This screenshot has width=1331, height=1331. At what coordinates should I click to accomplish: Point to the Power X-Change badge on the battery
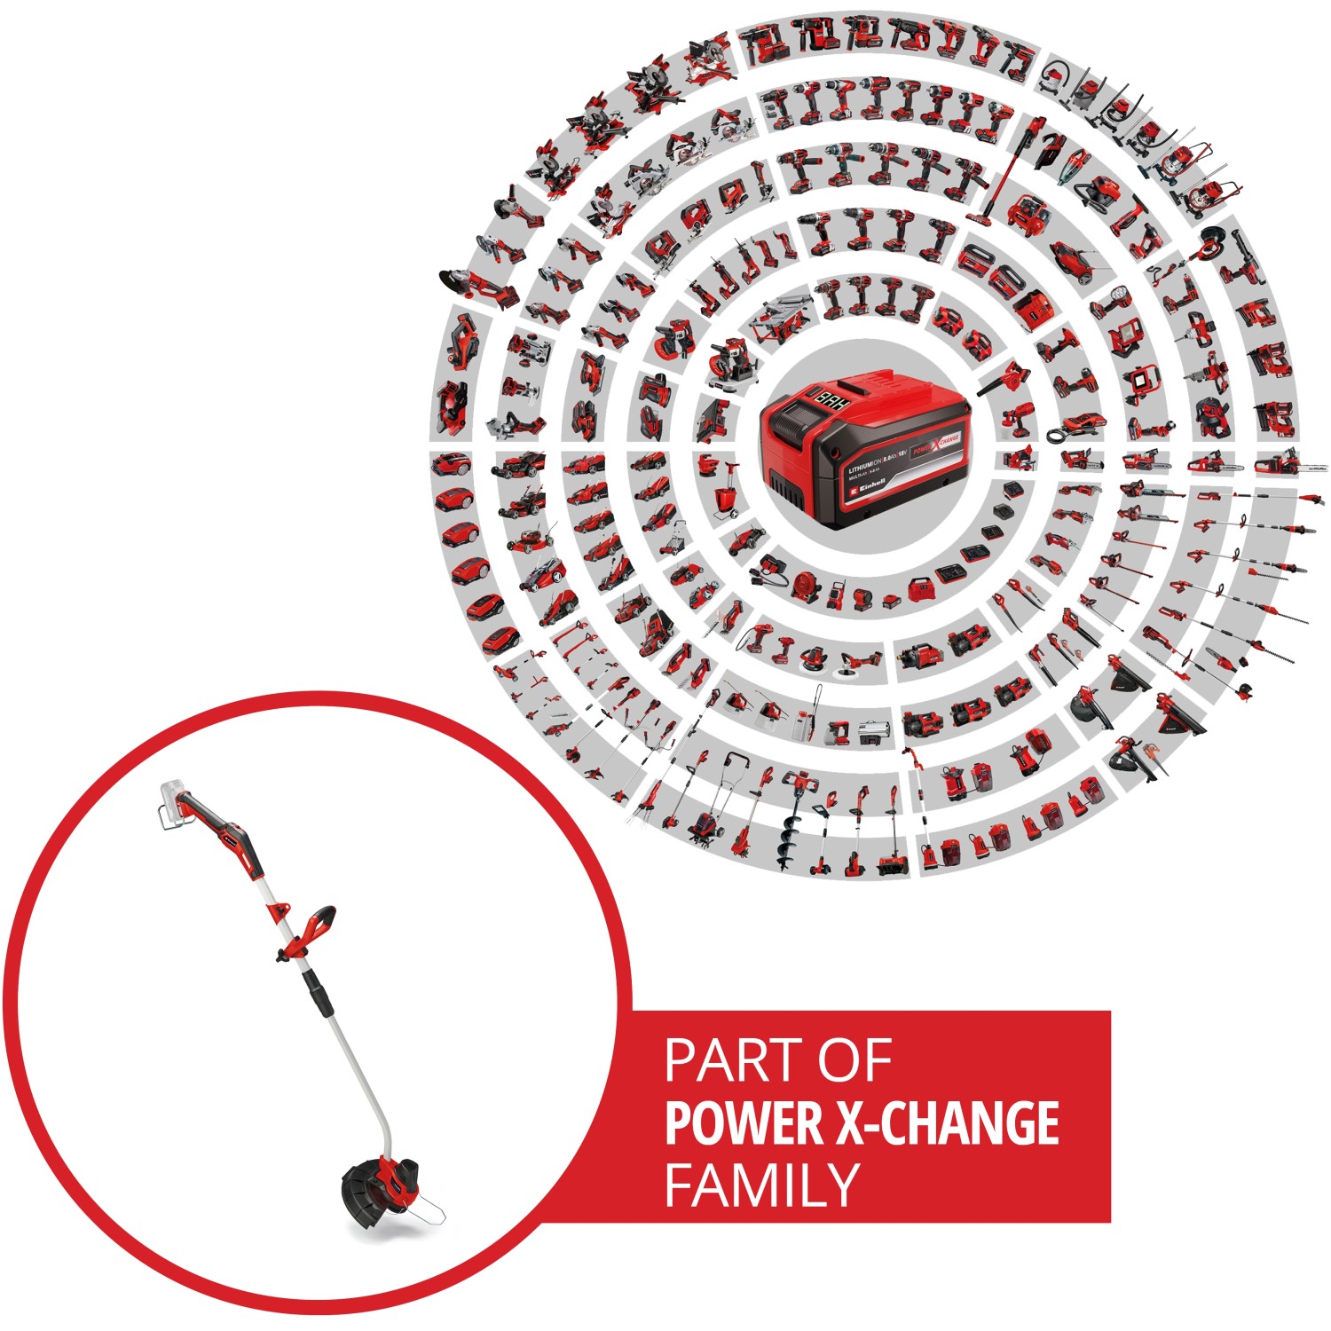pyautogui.click(x=936, y=446)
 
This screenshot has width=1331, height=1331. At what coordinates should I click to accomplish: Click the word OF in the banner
pyautogui.click(x=854, y=1061)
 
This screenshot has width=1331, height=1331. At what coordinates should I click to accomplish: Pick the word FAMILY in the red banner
pyautogui.click(x=761, y=1185)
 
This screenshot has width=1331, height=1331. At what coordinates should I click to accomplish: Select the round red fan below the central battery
pyautogui.click(x=805, y=587)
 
